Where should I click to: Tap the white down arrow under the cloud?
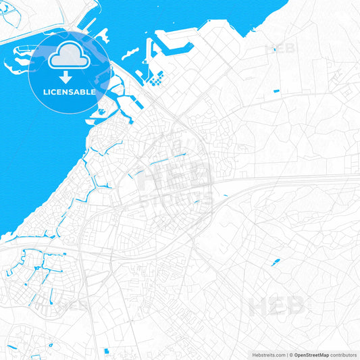click(66, 76)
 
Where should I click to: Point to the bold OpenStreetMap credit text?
click(311, 354)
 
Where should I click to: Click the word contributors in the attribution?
click(343, 354)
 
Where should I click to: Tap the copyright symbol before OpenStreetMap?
click(290, 354)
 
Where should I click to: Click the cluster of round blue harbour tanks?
click(156, 81)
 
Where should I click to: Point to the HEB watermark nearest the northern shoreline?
click(279, 48)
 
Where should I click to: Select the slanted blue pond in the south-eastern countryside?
click(276, 262)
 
